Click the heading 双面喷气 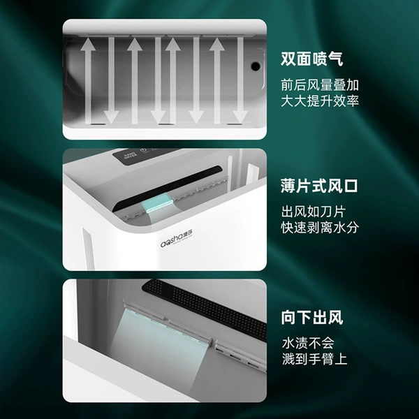click(x=311, y=59)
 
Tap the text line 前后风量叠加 click(x=320, y=85)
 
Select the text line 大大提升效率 click(x=320, y=101)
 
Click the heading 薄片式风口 click(x=319, y=186)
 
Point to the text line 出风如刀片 click(x=313, y=212)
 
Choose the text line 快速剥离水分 click(x=320, y=228)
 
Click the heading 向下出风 click(x=312, y=318)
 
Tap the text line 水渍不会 click(x=308, y=343)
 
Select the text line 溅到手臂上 click(x=314, y=359)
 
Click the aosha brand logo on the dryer click(x=177, y=239)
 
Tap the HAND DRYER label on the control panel click(x=130, y=156)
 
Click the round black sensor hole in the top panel click(x=256, y=66)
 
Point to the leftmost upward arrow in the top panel click(x=88, y=81)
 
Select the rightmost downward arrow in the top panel click(x=240, y=80)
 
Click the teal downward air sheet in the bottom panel click(x=161, y=347)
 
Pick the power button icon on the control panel click(x=145, y=150)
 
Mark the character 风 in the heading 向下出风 click(x=335, y=318)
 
